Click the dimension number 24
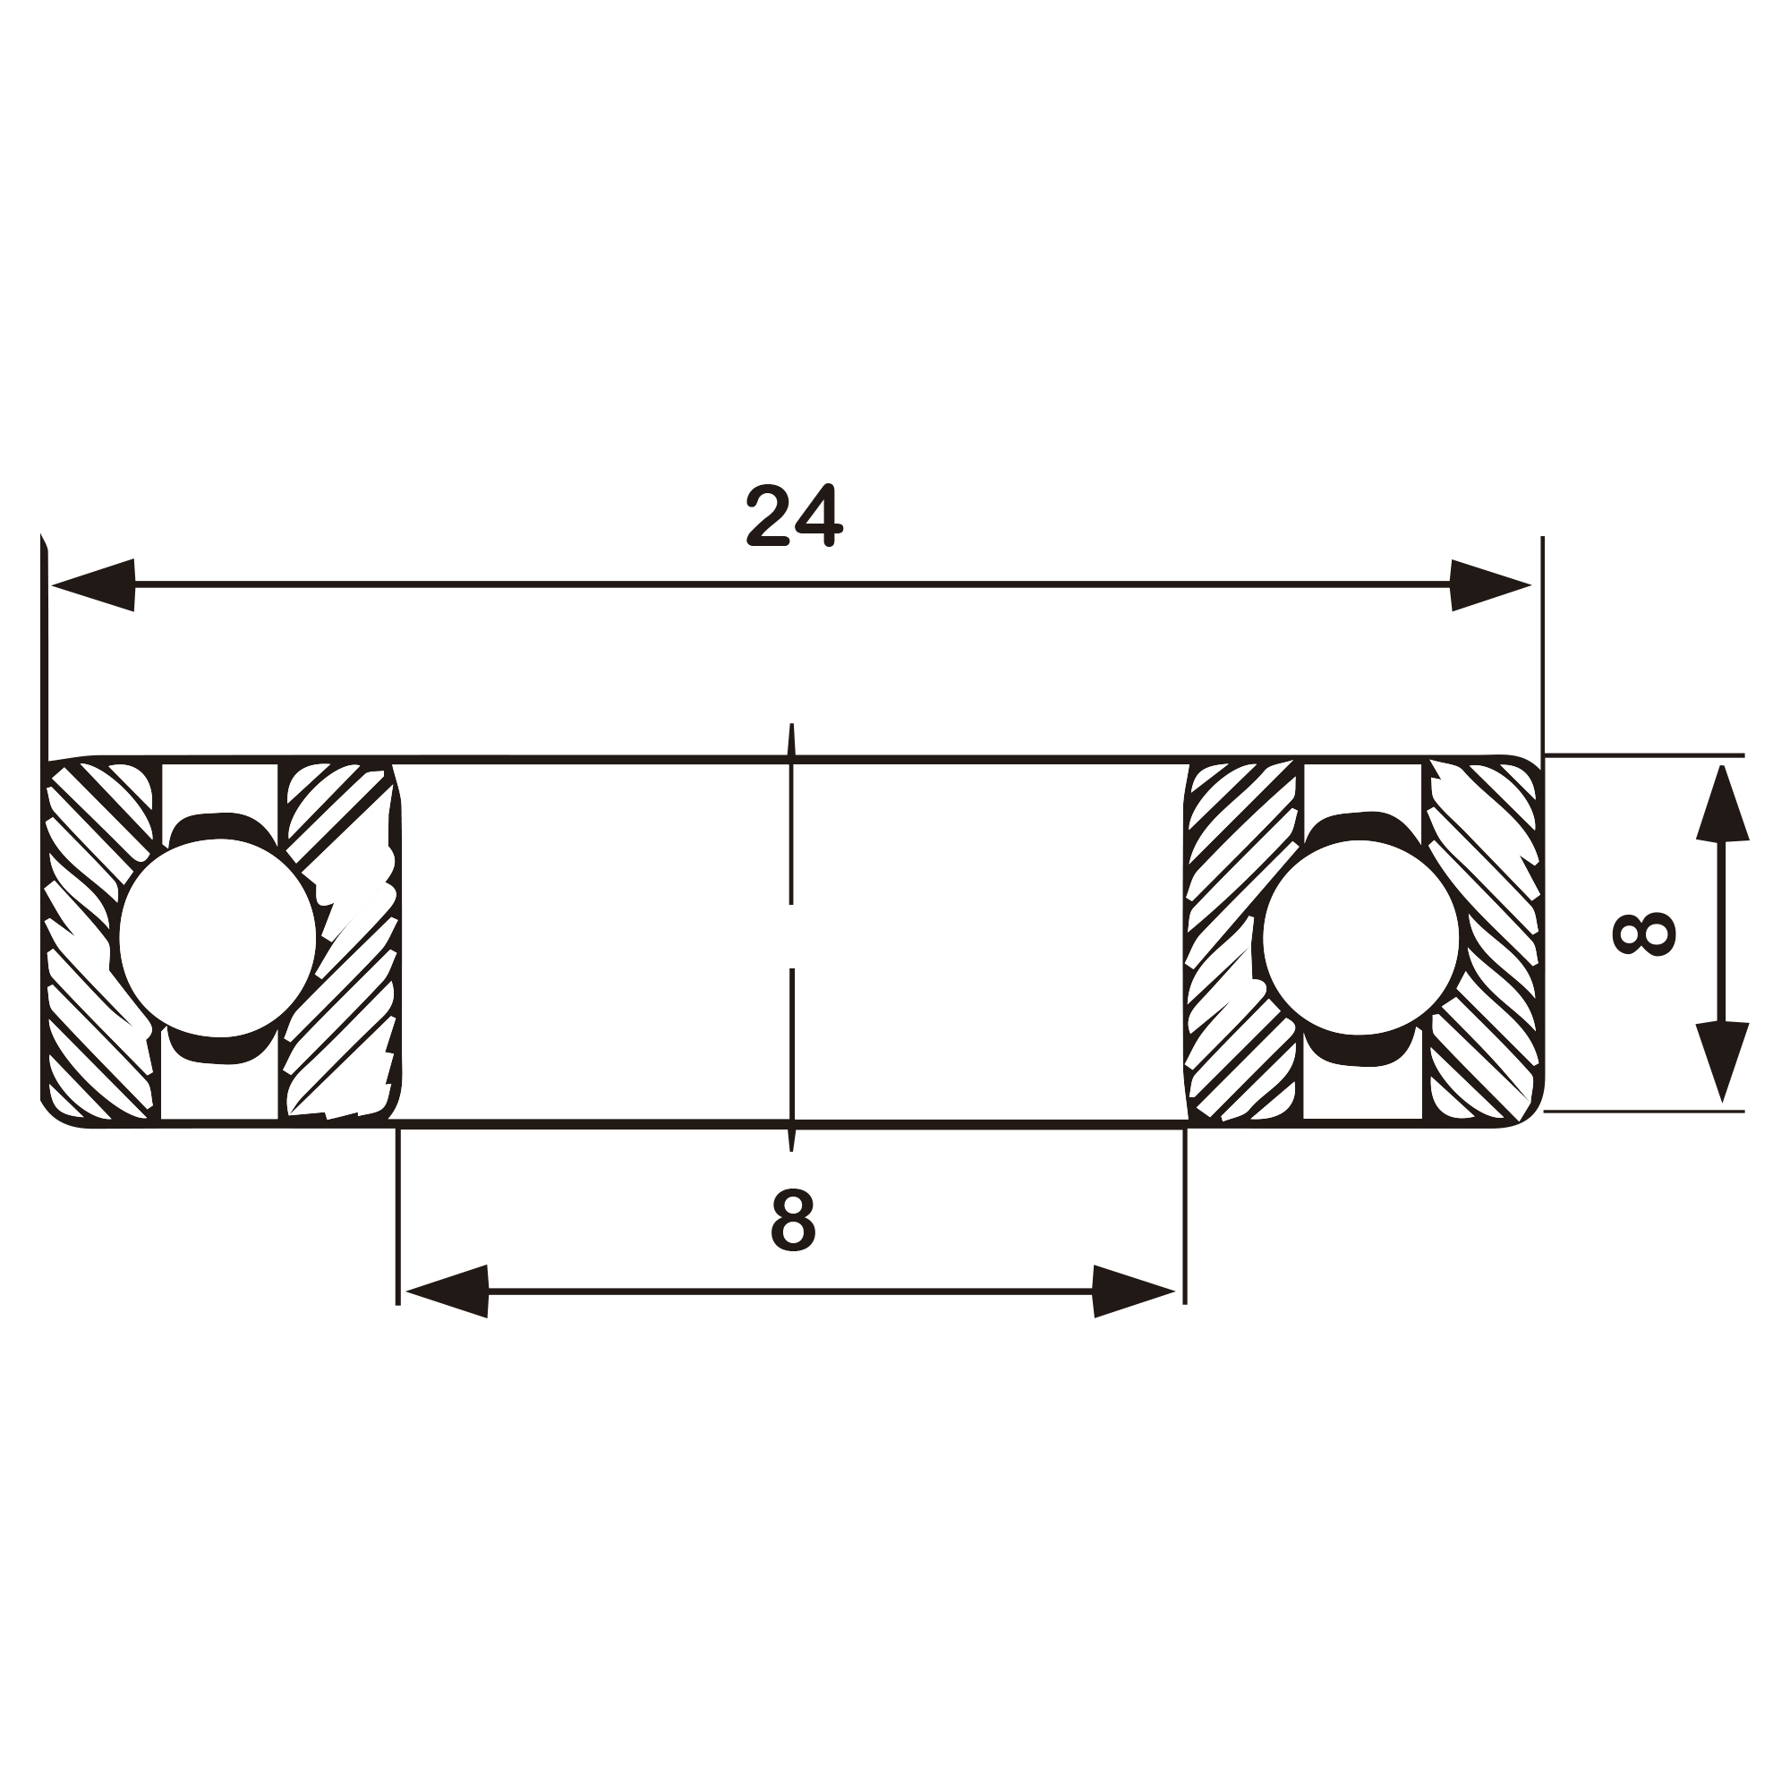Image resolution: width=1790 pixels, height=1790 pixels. [x=794, y=516]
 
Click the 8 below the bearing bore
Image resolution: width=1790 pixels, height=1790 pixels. [x=793, y=1220]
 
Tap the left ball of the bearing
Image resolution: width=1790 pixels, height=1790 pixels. [x=218, y=937]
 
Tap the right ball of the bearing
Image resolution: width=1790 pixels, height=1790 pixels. [x=1360, y=937]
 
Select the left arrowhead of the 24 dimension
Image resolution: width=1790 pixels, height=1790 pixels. [x=94, y=584]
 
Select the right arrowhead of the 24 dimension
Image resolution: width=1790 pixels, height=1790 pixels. [x=1491, y=584]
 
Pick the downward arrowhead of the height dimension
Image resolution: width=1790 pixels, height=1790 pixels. [x=1722, y=1062]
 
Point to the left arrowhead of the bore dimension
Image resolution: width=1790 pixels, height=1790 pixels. [x=447, y=1291]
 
